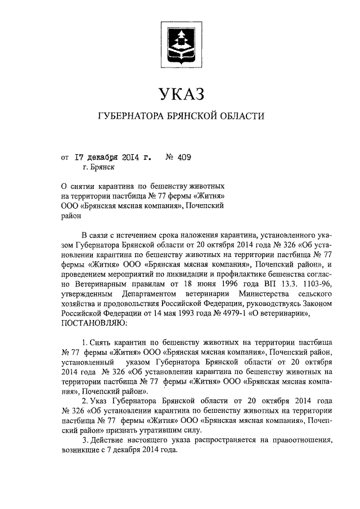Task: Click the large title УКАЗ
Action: click(x=180, y=93)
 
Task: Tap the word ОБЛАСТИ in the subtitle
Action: click(x=241, y=116)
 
